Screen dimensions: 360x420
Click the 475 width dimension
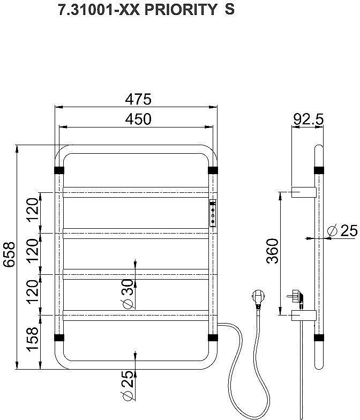(x=138, y=99)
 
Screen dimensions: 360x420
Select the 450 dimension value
(x=138, y=119)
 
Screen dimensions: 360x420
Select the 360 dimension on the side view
(x=273, y=251)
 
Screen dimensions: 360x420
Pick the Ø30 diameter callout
(x=127, y=294)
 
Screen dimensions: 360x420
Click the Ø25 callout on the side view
(x=343, y=230)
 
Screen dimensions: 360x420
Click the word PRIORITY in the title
(x=181, y=10)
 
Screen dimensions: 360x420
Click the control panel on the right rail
(x=213, y=213)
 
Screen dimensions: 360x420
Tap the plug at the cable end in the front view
(x=258, y=298)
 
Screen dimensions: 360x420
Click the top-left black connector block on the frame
(x=59, y=170)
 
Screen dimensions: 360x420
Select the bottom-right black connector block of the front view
(x=213, y=337)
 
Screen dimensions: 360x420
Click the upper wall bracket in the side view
(x=304, y=192)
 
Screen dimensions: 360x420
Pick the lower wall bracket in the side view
(x=304, y=316)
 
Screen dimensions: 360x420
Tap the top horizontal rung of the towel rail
(x=136, y=192)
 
